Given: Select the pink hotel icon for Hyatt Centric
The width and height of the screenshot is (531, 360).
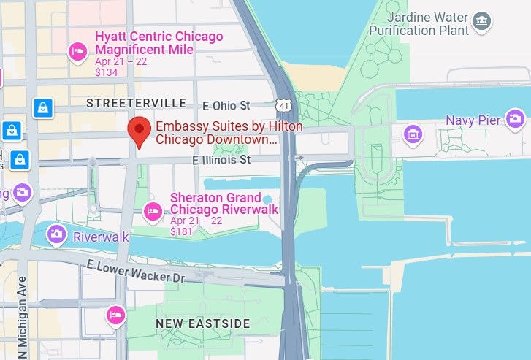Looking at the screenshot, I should coord(77,50).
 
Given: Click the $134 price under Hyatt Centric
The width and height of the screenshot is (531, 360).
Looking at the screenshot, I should coord(107,72).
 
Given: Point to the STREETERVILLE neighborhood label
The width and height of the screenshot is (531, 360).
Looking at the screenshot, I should coord(136,104).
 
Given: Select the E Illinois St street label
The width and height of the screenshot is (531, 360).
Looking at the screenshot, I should coord(221,158).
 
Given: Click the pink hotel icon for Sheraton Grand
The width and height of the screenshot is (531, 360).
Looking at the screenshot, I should coord(153,212).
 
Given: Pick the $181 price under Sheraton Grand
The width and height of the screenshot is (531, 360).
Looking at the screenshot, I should coord(183,231).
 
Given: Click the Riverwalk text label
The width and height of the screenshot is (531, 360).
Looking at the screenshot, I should coord(101,237).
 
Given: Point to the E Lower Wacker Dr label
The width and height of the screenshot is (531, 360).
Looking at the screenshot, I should coord(135,271).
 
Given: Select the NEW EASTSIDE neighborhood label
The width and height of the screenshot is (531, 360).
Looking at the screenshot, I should coord(203,323).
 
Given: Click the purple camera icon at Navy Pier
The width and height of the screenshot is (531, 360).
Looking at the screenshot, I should coord(516,118).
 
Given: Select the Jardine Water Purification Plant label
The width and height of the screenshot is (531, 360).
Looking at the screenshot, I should coord(419,23).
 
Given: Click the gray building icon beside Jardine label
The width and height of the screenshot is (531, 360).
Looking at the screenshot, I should coord(481,23).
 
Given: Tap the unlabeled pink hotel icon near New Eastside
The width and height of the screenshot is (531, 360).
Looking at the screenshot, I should coord(115,315).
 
